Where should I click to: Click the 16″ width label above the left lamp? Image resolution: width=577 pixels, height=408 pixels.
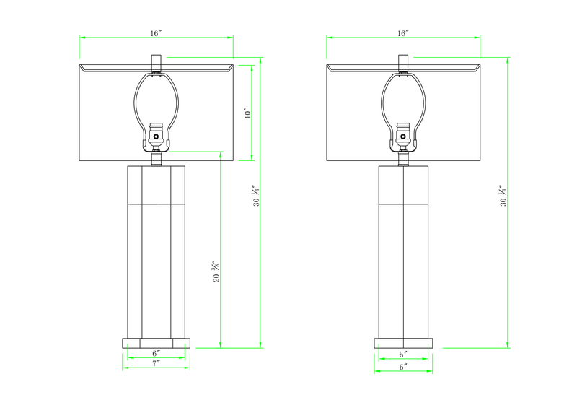coord(156,33)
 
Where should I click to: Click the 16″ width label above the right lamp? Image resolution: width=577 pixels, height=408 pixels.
coord(403,33)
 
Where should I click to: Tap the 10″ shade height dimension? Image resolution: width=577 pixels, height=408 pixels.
coord(247,113)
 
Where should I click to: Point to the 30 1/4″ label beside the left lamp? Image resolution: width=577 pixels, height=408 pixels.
coord(256,196)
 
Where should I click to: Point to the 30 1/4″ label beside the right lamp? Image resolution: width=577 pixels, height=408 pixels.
coord(503,196)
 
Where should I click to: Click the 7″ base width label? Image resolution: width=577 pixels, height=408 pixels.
coord(156,363)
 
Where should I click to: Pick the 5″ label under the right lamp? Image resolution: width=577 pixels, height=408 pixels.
coord(403,355)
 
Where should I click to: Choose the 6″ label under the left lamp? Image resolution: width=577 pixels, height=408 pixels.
coord(157,353)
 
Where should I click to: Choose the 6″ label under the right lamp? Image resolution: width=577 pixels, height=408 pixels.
coord(403,367)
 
